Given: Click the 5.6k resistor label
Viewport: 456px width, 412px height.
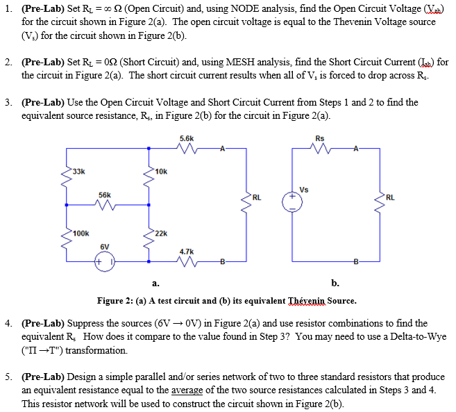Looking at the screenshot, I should click(187, 139).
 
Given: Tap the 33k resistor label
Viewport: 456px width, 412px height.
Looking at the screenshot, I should click(78, 171).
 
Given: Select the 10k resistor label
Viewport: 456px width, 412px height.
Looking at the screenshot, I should click(160, 171).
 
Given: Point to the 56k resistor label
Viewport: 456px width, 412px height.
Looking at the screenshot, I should click(105, 196).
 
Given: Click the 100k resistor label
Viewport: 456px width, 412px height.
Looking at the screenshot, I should click(81, 234).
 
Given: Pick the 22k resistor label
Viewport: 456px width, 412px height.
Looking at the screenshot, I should click(160, 234).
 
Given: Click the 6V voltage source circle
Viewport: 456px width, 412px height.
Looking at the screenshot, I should click(105, 263).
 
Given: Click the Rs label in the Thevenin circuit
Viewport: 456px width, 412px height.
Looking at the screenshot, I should click(319, 139).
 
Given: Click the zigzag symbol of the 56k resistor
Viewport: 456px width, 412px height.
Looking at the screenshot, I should click(105, 205).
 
